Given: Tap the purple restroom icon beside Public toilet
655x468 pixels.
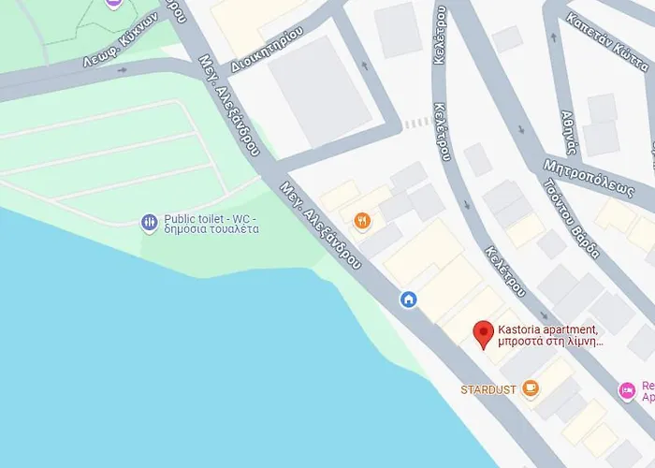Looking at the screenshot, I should [x=149, y=223].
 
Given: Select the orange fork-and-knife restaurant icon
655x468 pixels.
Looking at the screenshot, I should [x=362, y=222].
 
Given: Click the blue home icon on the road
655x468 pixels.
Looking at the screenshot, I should [x=408, y=299].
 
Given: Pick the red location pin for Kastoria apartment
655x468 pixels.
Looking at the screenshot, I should [x=483, y=333].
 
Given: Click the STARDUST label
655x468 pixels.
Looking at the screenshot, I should [x=488, y=389].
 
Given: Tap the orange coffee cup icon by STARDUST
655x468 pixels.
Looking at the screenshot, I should [x=531, y=388].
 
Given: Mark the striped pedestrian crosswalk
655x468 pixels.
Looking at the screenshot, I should [x=417, y=123].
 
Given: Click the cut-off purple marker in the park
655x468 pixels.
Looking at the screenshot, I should [x=113, y=3].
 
